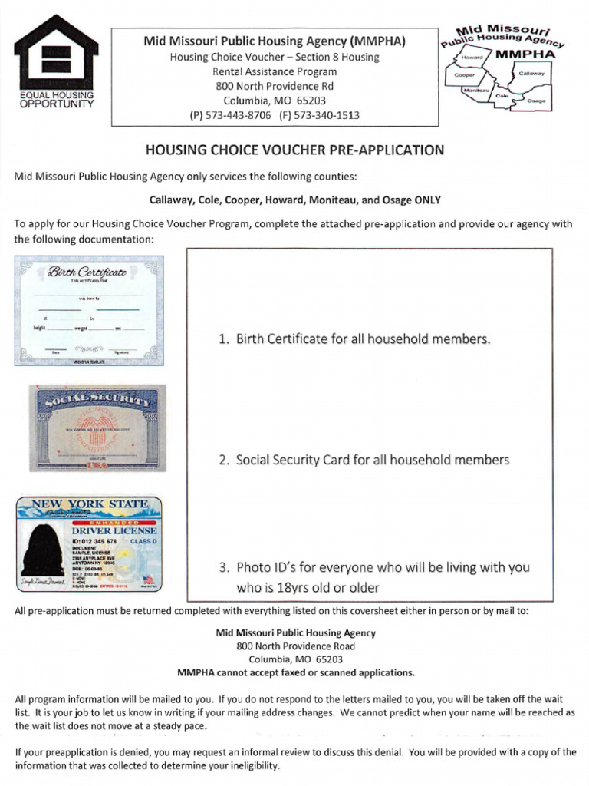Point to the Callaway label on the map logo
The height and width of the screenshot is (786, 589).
531,73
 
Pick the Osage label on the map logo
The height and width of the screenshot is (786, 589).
537,101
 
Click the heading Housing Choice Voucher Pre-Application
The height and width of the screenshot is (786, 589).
294,150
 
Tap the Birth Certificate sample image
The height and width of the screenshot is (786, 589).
89,309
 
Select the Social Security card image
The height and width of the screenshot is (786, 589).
94,428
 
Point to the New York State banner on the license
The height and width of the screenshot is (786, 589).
89,505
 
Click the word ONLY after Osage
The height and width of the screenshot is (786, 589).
427,200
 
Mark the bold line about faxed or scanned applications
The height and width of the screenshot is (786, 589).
295,673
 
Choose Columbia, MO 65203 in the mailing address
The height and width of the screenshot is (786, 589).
295,659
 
